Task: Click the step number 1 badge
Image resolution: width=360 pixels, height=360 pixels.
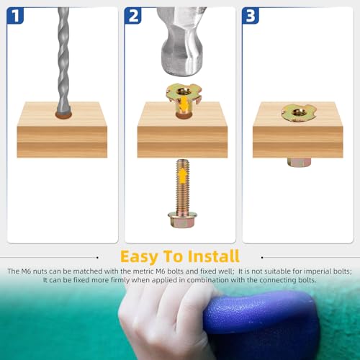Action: (15, 16)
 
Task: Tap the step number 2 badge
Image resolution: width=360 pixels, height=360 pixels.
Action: (132, 16)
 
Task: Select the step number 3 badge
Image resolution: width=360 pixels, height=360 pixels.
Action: (251, 16)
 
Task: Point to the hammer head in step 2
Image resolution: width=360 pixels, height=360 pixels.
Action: (181, 41)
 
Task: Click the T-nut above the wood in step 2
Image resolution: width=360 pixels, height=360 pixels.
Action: (184, 99)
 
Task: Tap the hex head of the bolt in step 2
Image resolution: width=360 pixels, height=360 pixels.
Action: (182, 220)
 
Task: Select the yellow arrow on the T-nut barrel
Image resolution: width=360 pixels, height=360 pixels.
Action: (184, 104)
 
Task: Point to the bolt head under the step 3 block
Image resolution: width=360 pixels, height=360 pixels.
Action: (299, 162)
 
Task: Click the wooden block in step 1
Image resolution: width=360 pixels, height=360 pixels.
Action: (62, 130)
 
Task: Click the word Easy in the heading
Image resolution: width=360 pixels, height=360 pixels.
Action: (140, 256)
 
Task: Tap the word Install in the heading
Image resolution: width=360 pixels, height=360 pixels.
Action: (214, 256)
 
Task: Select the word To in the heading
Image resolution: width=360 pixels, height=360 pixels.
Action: (173, 256)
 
